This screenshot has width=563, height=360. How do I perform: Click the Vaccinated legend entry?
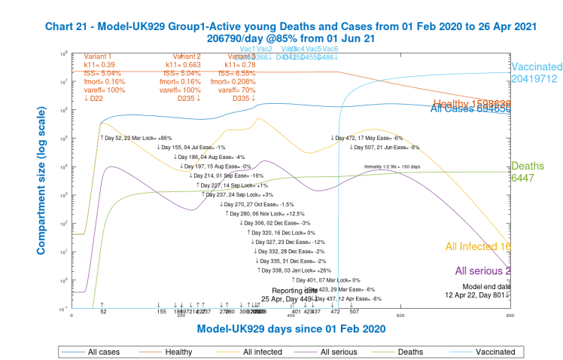click(x=495, y=351)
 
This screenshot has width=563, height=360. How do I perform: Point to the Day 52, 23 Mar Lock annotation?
click(x=136, y=138)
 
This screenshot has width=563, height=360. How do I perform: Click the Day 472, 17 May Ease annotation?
click(x=367, y=138)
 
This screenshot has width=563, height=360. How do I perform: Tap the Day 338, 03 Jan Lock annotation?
click(x=294, y=269)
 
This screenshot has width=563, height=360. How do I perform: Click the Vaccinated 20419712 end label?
click(x=536, y=72)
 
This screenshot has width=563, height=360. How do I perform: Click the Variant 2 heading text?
click(x=187, y=56)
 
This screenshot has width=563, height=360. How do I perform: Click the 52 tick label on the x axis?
click(x=102, y=311)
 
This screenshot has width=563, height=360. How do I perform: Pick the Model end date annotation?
click(x=487, y=286)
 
